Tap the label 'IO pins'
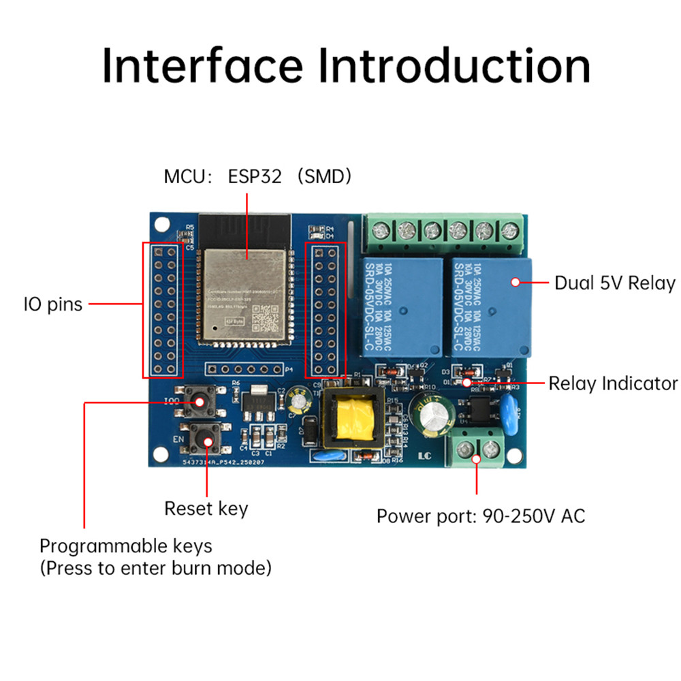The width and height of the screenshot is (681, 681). click(52, 304)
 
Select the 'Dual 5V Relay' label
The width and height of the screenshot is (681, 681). click(614, 283)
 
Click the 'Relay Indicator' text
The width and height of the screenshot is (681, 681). click(613, 383)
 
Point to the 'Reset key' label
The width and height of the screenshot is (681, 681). click(206, 508)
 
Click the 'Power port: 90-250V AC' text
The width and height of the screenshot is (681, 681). click(481, 516)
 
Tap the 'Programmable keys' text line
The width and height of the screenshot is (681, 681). click(126, 545)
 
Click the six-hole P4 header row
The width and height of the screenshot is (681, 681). click(244, 370)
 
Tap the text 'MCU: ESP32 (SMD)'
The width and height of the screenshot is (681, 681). click(258, 177)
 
